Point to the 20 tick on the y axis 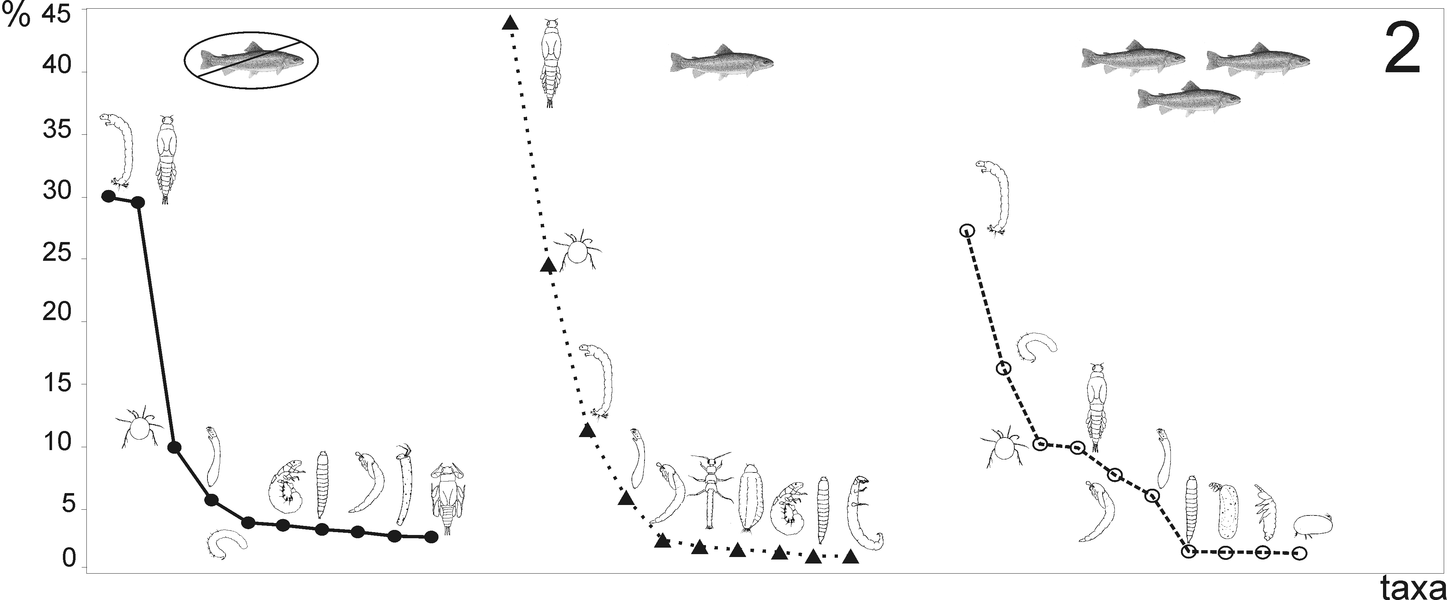click(x=57, y=312)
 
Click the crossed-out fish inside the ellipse click(x=251, y=60)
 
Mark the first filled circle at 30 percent click(x=108, y=196)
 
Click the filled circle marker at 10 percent click(x=174, y=447)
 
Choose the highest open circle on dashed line click(x=966, y=230)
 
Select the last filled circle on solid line click(x=431, y=537)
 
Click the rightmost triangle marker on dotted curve click(x=851, y=557)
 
